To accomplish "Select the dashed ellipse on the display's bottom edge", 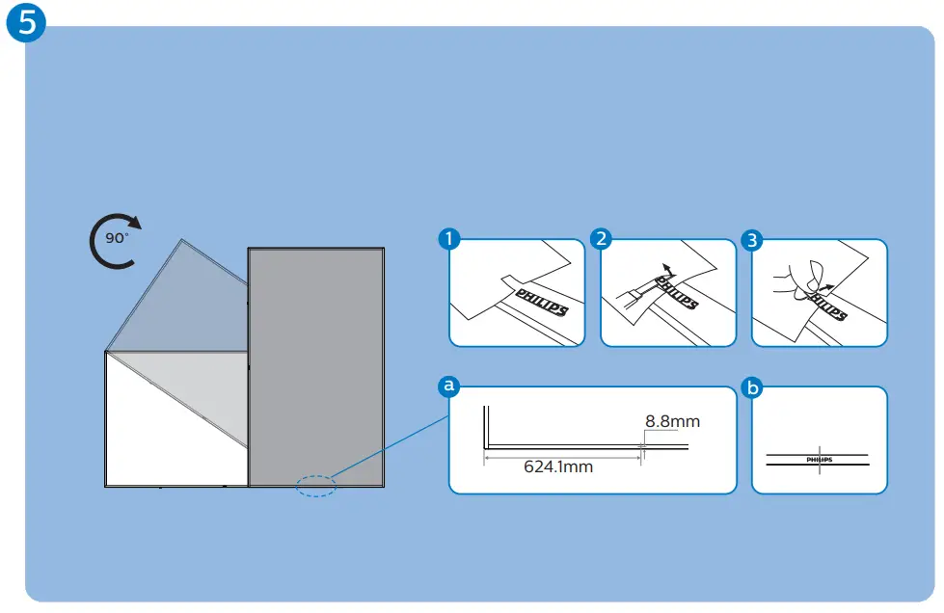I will (x=314, y=486).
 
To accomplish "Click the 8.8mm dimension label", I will (x=672, y=421).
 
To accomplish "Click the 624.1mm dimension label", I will (x=558, y=467).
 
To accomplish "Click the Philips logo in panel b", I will (x=818, y=461).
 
